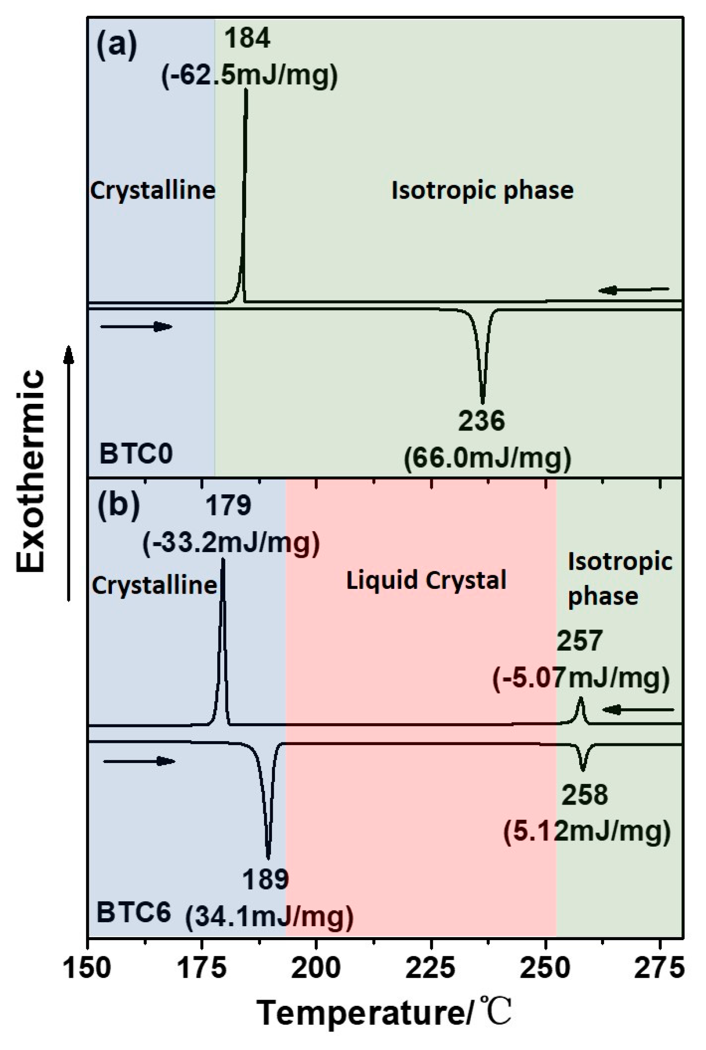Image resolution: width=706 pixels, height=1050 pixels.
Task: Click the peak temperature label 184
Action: [247, 38]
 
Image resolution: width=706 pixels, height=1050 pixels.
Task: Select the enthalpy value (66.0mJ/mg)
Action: [487, 459]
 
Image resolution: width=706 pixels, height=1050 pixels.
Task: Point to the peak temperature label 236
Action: [482, 421]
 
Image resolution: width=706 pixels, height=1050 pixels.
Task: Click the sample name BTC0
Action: [136, 453]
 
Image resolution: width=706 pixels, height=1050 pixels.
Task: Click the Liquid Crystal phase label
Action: [426, 580]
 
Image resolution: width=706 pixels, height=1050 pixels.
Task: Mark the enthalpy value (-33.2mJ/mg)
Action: [231, 544]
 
